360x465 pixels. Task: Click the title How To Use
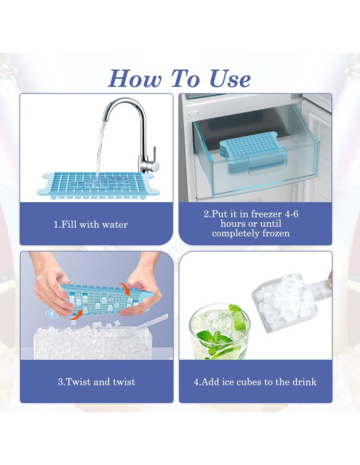coord(179,78)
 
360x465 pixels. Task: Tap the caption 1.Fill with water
coord(90,225)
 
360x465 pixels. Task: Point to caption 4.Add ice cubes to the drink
coord(255,381)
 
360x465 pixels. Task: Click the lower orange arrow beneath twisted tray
coord(74,315)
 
